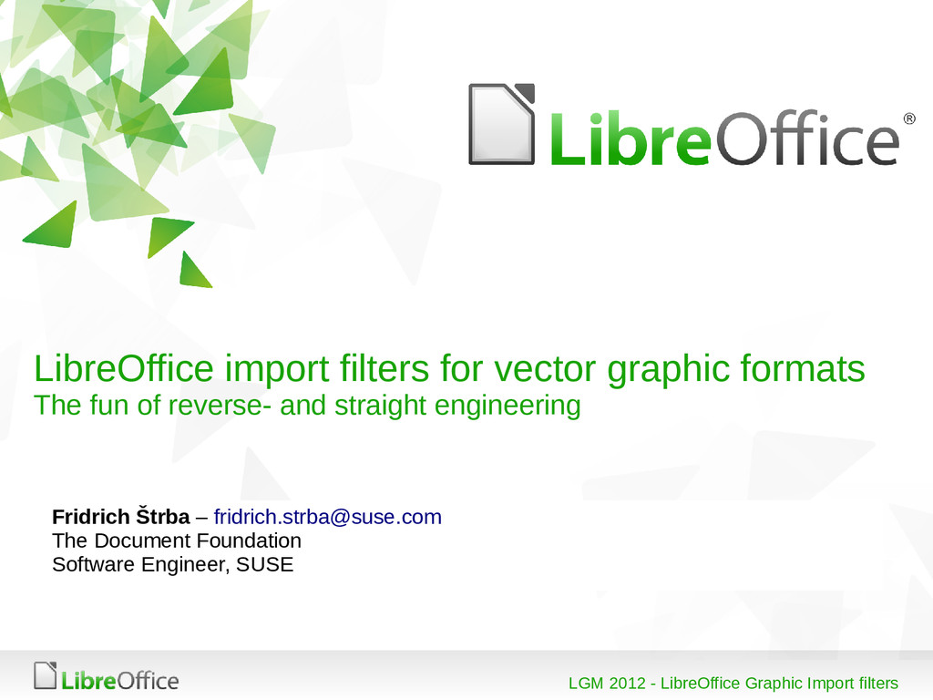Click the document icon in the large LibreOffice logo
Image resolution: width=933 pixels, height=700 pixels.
[501, 124]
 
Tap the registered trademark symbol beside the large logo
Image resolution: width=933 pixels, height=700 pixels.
[908, 119]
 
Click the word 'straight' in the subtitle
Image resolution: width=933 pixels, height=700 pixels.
[382, 406]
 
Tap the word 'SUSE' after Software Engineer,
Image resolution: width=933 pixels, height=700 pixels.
[265, 564]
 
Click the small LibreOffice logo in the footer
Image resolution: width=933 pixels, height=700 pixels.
[106, 677]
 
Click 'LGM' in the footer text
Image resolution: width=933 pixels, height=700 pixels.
[586, 684]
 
